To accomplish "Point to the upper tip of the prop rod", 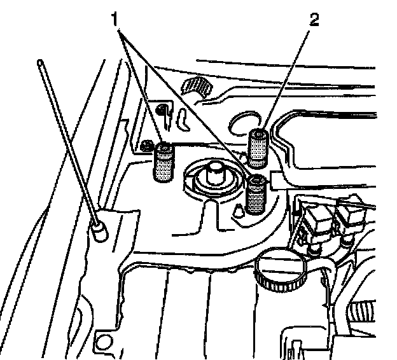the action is (x=41, y=62).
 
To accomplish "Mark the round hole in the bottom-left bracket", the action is (x=102, y=345).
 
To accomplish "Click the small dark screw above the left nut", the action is (x=163, y=109).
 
